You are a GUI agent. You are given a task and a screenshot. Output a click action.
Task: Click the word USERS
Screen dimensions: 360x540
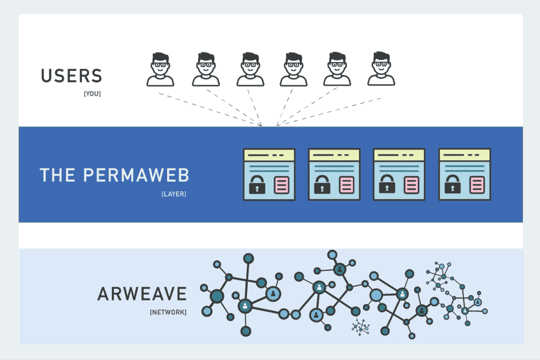tap(71, 76)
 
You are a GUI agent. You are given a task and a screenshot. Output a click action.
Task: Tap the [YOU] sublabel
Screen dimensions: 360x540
tap(92, 94)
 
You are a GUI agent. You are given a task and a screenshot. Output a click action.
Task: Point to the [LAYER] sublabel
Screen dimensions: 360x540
tap(173, 194)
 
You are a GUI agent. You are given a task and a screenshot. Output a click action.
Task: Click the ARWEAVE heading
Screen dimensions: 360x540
tap(142, 294)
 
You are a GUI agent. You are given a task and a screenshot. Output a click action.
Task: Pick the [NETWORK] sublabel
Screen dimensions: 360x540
tap(168, 312)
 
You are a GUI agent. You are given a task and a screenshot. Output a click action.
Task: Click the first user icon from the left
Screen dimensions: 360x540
tap(160, 69)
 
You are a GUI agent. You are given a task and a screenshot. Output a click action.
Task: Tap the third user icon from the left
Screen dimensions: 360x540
tap(250, 69)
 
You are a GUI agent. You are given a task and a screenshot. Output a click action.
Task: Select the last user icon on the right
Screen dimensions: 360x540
tap(381, 69)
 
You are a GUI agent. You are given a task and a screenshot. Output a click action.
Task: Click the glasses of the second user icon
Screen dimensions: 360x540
tap(206, 66)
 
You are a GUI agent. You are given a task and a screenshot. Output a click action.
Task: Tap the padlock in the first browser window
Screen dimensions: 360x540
tap(257, 184)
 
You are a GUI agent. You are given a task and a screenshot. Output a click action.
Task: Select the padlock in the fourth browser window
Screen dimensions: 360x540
tap(452, 184)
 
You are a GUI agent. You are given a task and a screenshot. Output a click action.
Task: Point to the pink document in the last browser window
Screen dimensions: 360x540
tap(476, 185)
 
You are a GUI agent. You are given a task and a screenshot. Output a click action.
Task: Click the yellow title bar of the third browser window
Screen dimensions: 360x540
tap(399, 154)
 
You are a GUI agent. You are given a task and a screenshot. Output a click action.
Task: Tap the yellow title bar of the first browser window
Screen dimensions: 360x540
tap(268, 154)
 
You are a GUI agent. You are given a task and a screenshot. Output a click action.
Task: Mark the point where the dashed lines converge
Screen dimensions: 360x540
tap(269, 126)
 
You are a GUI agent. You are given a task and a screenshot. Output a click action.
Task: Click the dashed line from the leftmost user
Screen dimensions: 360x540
tap(211, 109)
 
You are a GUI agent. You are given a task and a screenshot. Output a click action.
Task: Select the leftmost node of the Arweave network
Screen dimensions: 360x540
tap(204, 288)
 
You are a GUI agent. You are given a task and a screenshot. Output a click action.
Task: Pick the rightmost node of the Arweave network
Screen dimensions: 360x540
tap(485, 311)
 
